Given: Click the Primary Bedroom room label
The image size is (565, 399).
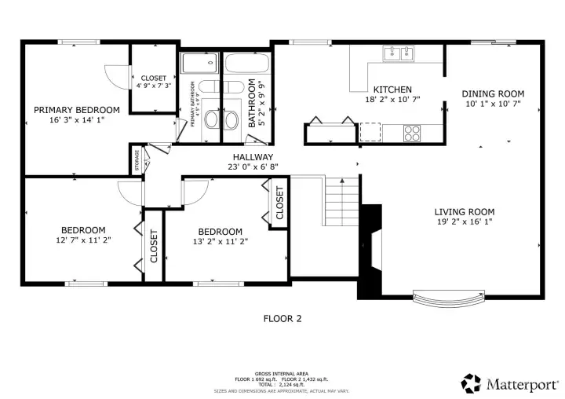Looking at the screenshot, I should click(x=76, y=109).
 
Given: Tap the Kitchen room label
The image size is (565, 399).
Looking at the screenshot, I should click(x=392, y=89).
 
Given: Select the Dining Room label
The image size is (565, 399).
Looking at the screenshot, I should click(x=494, y=93).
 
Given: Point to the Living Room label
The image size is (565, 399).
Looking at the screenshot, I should click(x=465, y=211).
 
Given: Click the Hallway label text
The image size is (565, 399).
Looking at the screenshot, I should click(x=253, y=156).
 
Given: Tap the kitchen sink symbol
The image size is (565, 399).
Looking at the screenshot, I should click(x=399, y=53).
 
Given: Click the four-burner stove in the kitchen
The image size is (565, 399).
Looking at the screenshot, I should click(x=413, y=133).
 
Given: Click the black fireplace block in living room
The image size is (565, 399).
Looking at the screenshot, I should click(x=370, y=251).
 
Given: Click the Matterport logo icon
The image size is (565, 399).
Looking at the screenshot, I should click(x=471, y=383).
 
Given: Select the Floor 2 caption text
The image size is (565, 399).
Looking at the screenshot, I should click(x=282, y=319).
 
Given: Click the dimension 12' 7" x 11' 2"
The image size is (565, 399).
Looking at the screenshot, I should click(x=83, y=240).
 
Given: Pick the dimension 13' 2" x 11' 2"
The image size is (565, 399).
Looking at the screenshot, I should click(x=220, y=242).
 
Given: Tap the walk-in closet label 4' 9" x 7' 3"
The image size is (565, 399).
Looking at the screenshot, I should click(x=153, y=86).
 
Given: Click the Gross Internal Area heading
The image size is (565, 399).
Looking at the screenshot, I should click(x=282, y=373).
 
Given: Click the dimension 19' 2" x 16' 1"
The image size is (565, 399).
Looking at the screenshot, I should click(x=465, y=221).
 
